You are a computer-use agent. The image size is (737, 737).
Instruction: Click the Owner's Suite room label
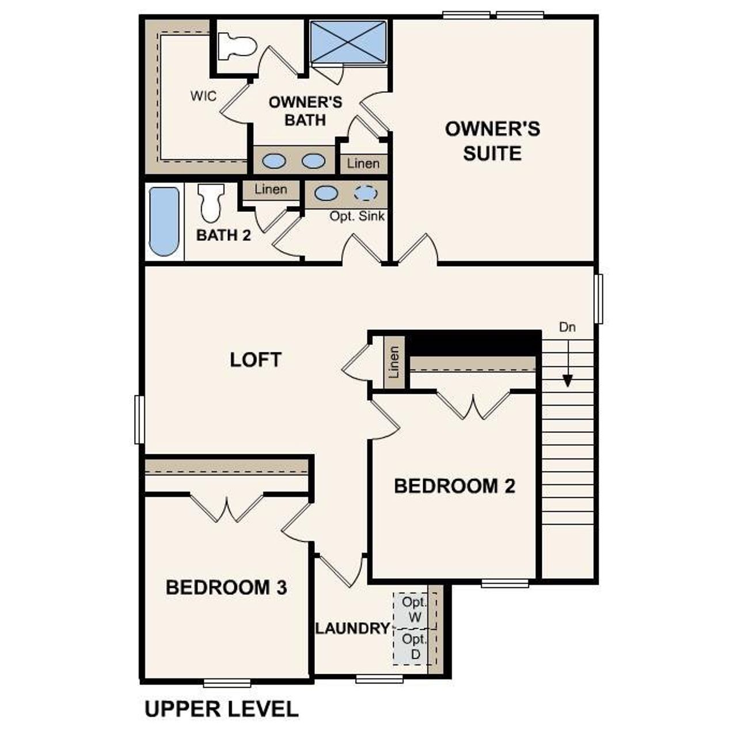click(492, 141)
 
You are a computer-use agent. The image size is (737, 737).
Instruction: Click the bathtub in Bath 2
click(164, 221)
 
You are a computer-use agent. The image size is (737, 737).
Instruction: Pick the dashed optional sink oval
click(365, 193)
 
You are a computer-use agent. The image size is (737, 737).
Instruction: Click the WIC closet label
click(204, 96)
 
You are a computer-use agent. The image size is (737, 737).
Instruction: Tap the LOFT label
click(256, 360)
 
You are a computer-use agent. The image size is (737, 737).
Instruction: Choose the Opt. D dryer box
click(415, 647)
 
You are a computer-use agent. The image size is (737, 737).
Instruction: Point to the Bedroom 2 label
click(454, 486)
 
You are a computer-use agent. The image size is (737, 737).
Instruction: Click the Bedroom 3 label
click(226, 587)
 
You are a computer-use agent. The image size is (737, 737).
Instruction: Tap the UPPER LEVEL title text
click(222, 709)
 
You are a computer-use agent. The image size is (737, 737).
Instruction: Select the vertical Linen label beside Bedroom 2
click(394, 362)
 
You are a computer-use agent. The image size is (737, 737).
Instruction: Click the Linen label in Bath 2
click(271, 189)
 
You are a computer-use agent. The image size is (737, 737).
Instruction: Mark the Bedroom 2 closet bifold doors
click(473, 405)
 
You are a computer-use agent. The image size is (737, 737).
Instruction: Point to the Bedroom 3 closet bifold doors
click(227, 508)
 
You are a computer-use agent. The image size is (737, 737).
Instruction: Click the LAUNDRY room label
click(352, 628)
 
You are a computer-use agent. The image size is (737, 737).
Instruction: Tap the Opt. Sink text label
click(357, 216)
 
